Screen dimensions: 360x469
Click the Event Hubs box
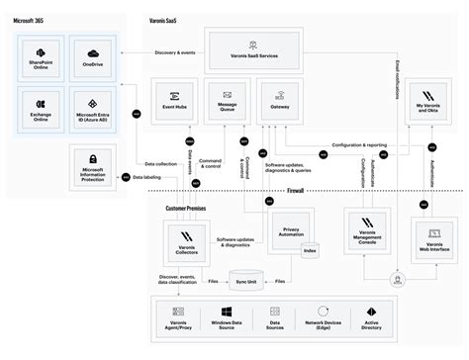[170, 102]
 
